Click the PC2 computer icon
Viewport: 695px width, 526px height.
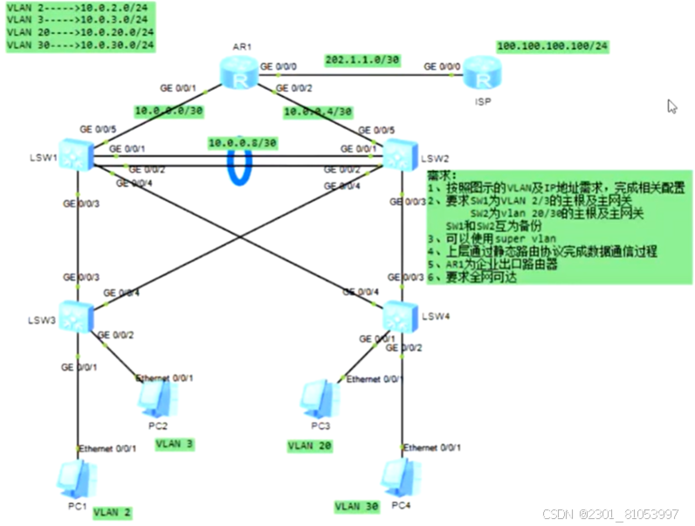click(158, 398)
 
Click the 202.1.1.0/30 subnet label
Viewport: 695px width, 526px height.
click(362, 60)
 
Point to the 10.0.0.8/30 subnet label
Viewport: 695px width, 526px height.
click(243, 142)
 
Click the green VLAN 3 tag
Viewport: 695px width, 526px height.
click(174, 444)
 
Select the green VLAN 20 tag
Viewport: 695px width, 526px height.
click(311, 446)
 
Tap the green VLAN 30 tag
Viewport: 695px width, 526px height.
click(358, 505)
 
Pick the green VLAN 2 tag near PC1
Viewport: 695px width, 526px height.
click(112, 512)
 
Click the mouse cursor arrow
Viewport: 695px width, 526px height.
click(671, 106)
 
